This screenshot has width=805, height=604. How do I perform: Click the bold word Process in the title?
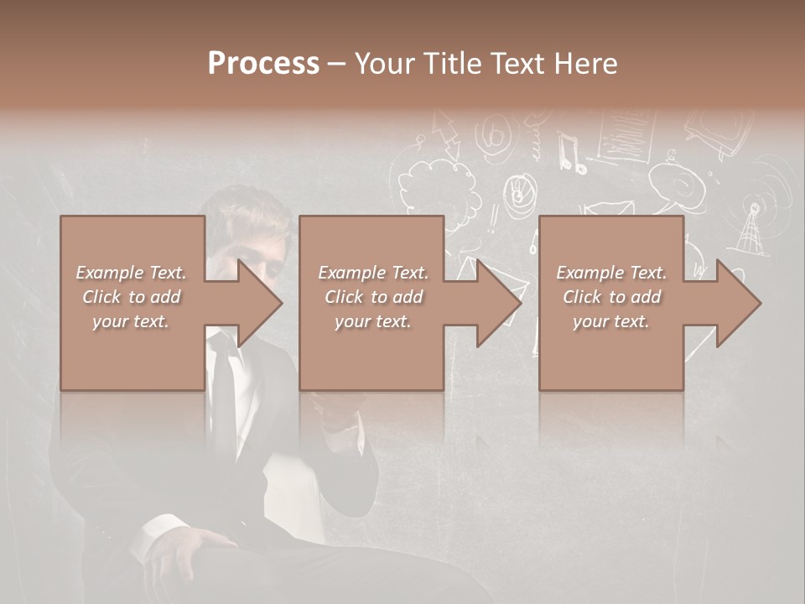click(x=263, y=64)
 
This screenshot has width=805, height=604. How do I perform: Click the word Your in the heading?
click(x=383, y=64)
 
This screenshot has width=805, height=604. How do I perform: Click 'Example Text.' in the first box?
click(x=131, y=273)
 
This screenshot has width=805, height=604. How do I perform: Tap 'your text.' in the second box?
click(x=372, y=321)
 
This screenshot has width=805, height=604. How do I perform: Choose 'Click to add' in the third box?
click(x=611, y=297)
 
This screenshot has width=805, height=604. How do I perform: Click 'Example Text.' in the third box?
click(x=611, y=273)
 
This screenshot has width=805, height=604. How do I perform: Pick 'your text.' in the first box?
click(x=131, y=321)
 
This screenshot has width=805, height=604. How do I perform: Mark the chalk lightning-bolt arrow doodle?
click(x=444, y=134)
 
